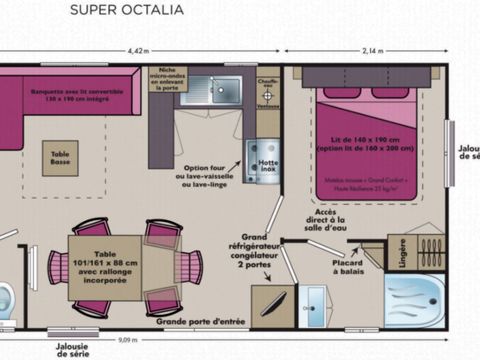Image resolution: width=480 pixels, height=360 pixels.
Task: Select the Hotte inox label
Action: pos(267,166)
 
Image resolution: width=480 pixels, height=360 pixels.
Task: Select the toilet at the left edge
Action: pos(6,297)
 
